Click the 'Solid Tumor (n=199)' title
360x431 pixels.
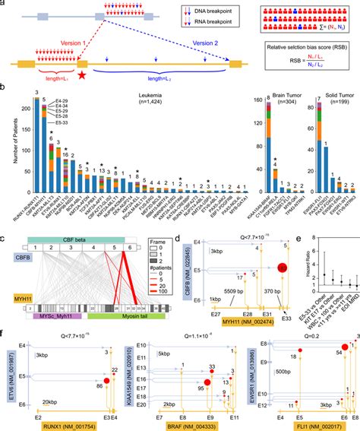329,96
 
